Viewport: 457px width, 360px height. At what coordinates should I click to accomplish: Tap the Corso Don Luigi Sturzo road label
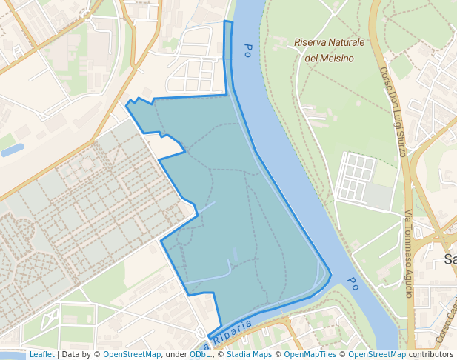point(393,111)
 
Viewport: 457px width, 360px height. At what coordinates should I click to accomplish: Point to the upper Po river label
point(247,50)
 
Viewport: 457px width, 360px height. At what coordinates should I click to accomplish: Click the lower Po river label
point(353,283)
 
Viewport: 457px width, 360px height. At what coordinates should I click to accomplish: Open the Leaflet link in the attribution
point(41,355)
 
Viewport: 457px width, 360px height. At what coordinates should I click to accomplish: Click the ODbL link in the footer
point(199,355)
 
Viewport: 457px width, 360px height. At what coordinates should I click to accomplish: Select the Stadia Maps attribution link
point(249,355)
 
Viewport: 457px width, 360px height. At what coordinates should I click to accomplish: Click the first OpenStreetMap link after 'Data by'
point(131,355)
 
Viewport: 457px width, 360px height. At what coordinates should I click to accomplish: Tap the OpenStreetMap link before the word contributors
point(377,355)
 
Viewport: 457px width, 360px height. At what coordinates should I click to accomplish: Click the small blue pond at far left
point(12,150)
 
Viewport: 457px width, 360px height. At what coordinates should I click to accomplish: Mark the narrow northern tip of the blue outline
point(228,24)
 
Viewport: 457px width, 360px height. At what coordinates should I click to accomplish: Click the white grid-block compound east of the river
point(356,177)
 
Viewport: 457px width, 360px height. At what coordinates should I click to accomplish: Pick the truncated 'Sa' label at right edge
point(450,259)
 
